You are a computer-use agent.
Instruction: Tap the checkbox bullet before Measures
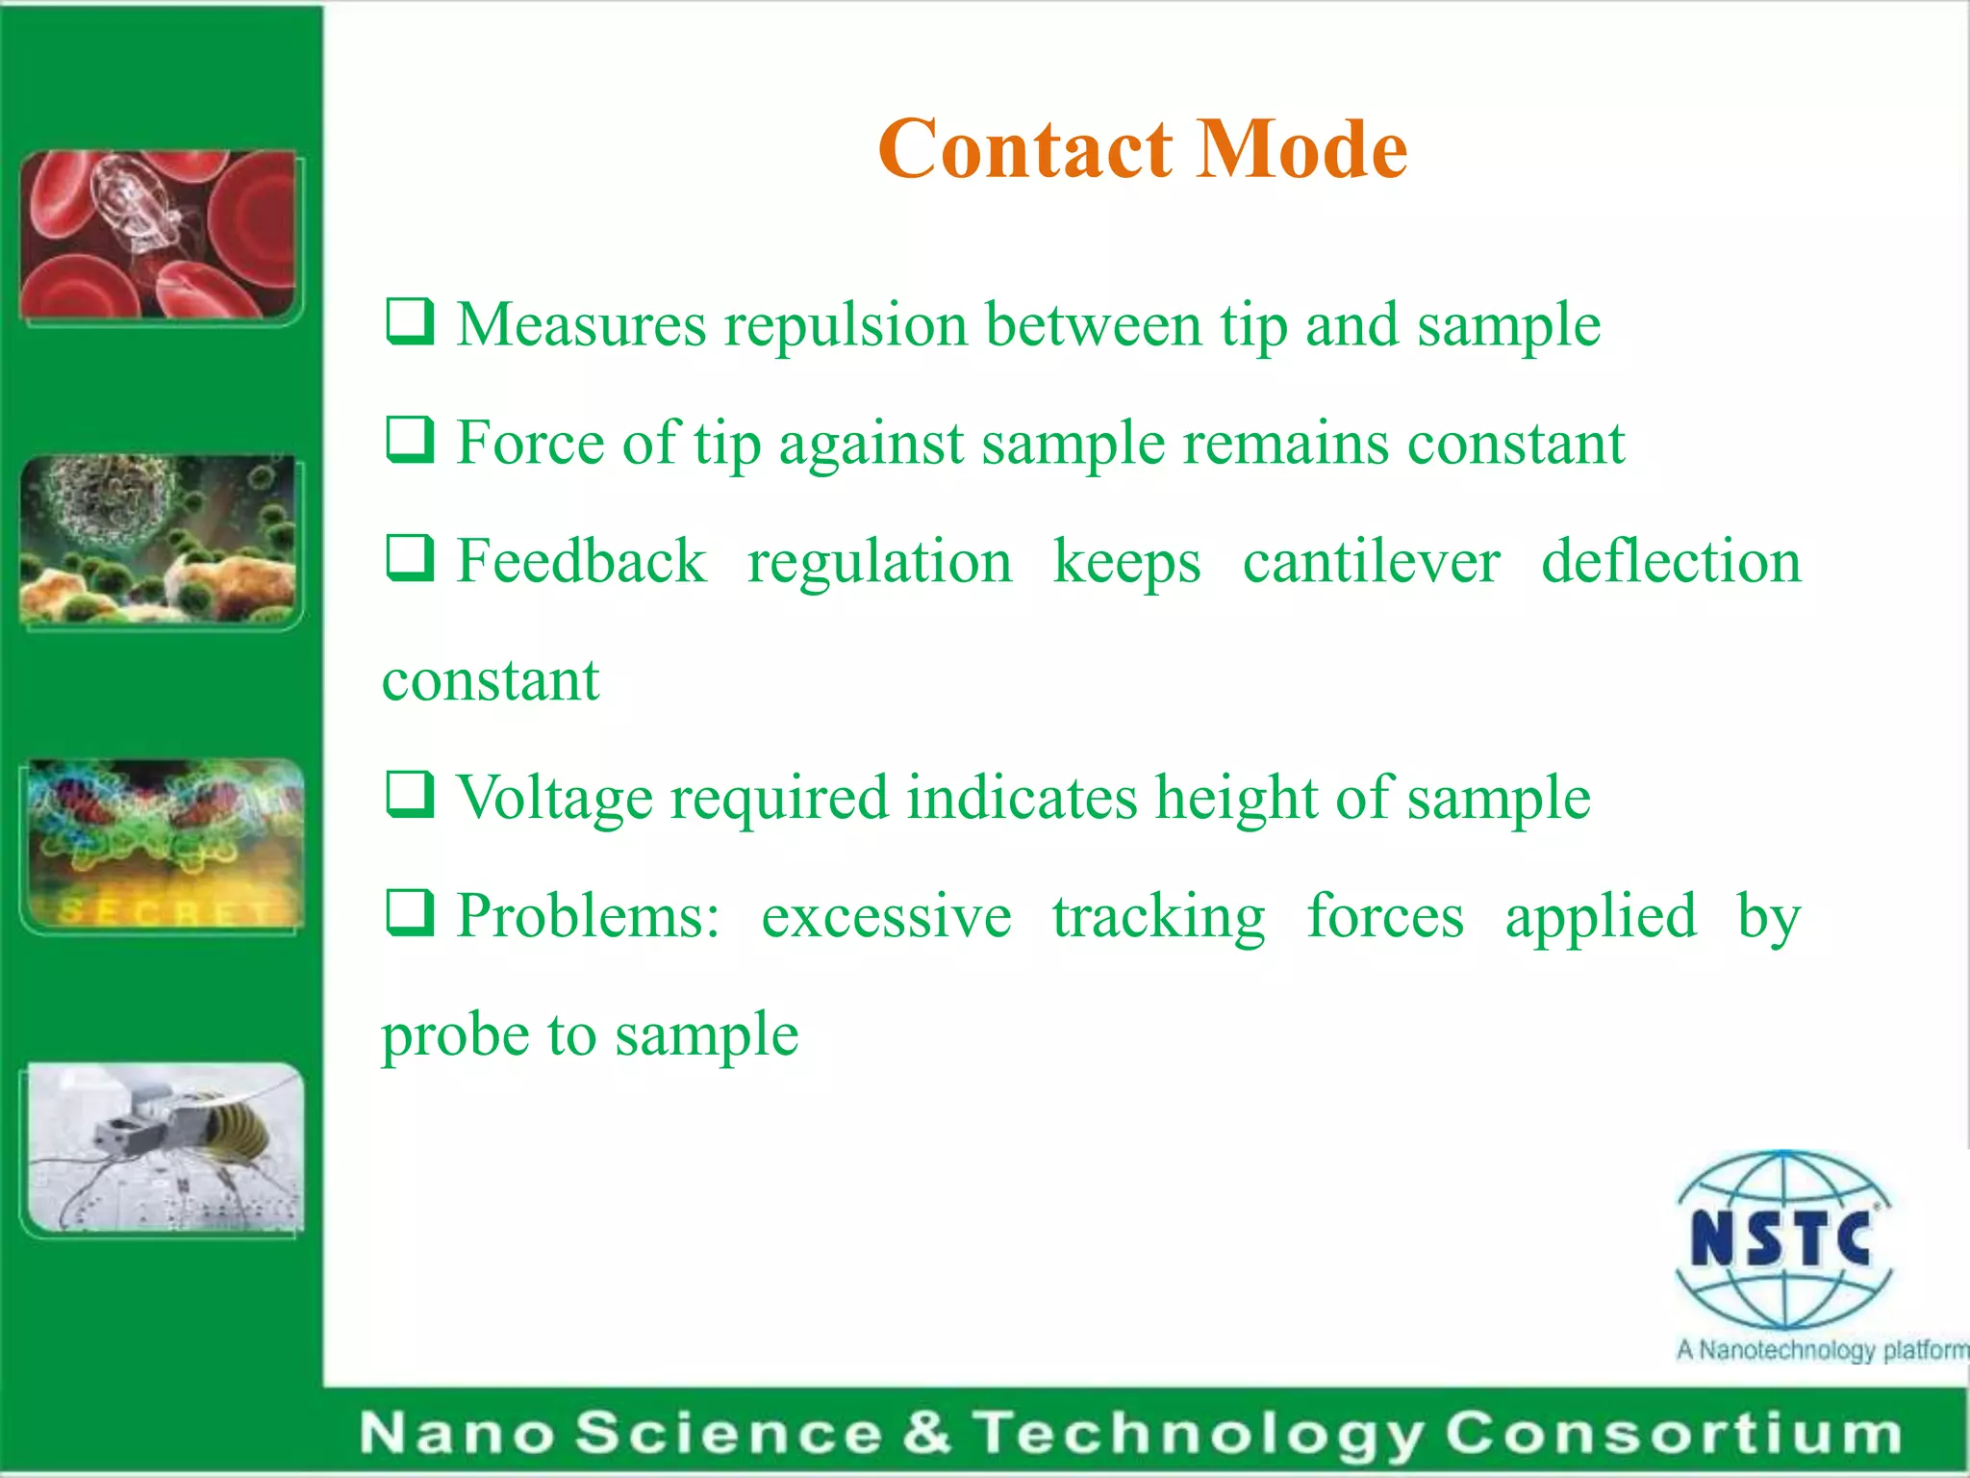tap(410, 321)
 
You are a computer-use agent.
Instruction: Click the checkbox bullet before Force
tap(410, 440)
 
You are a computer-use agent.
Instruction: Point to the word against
tap(871, 445)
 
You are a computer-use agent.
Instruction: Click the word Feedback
tap(581, 561)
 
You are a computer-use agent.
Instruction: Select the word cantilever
tap(1371, 561)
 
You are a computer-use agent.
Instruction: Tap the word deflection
tap(1671, 561)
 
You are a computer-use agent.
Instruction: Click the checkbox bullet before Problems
tap(410, 913)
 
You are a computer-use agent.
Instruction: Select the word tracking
tap(1158, 917)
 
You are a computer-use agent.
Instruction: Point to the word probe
tap(455, 1037)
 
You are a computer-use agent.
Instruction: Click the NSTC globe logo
tap(1783, 1239)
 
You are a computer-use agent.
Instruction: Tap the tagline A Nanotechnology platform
tap(1821, 1350)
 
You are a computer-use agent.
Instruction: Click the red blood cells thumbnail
tap(159, 235)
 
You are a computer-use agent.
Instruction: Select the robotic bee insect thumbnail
tap(164, 1147)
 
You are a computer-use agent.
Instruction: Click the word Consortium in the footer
tap(1673, 1433)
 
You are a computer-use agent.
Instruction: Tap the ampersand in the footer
tap(926, 1431)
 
